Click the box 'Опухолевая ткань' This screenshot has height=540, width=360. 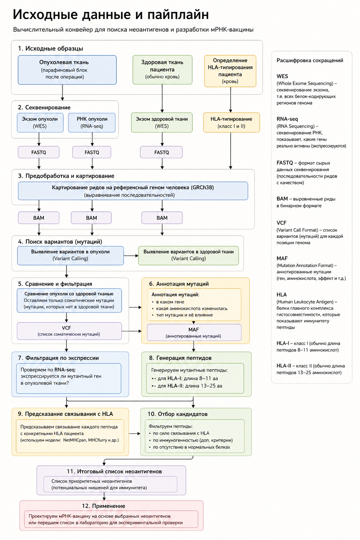pos(67,70)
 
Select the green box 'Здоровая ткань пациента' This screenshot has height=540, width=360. pos(162,70)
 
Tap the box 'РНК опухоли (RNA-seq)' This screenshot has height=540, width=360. pos(92,123)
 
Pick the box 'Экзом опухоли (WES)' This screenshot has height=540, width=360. pos(40,123)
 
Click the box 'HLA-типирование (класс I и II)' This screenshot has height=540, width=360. pos(231,122)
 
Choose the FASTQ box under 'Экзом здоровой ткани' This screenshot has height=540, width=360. pos(161,152)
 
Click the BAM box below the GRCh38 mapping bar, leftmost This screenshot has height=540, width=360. pos(39,218)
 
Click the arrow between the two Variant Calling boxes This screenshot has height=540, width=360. pos(131,256)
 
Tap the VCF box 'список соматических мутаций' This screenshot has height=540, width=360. pos(69,331)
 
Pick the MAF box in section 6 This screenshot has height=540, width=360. pos(194,333)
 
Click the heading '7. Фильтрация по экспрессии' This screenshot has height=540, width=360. pos(59,358)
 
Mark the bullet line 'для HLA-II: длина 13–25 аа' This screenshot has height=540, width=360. pos(187,386)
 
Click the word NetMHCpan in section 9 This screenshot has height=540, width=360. pos(75,440)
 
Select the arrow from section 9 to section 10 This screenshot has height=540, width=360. pos(135,433)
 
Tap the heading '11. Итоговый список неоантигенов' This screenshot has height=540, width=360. pos(114,471)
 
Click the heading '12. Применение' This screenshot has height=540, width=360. pos(103,506)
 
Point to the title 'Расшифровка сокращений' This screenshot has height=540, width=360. pos(310,60)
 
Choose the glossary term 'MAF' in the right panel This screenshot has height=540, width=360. pos(282,258)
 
